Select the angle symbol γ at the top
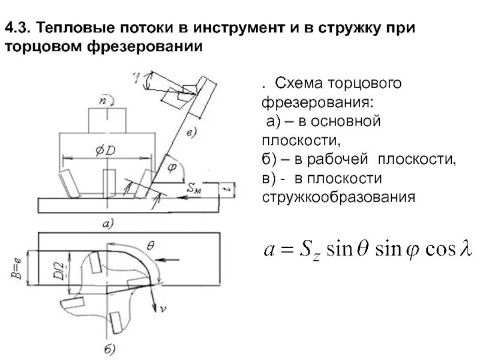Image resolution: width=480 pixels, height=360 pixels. [x=137, y=76]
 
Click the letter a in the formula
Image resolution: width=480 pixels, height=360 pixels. [x=270, y=250]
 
